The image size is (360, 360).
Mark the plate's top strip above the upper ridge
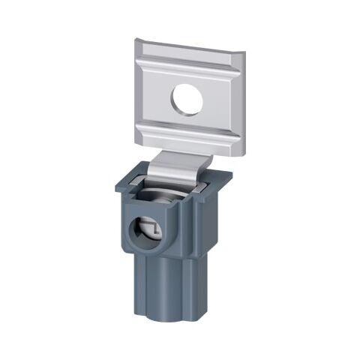191,49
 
